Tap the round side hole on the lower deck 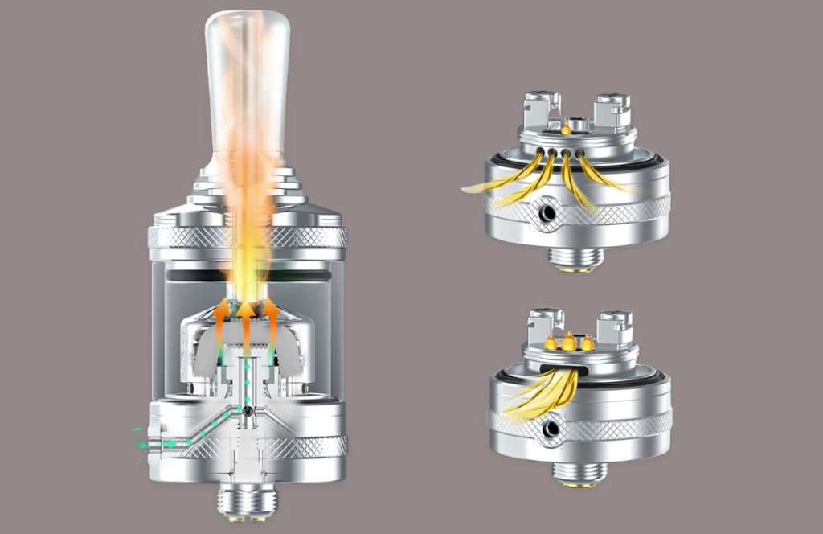[x=551, y=429]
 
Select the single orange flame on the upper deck [x=567, y=127]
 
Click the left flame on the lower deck [x=551, y=343]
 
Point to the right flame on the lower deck [x=588, y=343]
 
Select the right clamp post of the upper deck [x=610, y=112]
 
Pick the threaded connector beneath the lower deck [x=579, y=474]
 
